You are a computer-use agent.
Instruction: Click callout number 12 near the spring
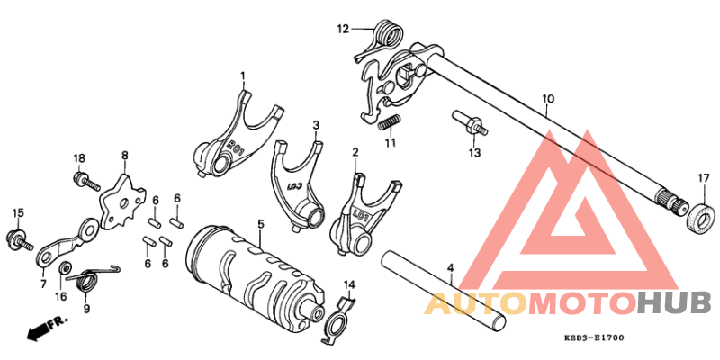(342, 29)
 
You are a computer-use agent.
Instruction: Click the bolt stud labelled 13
(471, 122)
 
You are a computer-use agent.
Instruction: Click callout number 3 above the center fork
(316, 124)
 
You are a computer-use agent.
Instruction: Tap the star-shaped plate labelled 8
(121, 200)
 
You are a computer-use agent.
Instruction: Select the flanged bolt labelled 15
(20, 238)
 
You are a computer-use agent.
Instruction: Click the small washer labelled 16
(65, 269)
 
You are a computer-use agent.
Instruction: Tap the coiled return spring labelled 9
(90, 278)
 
